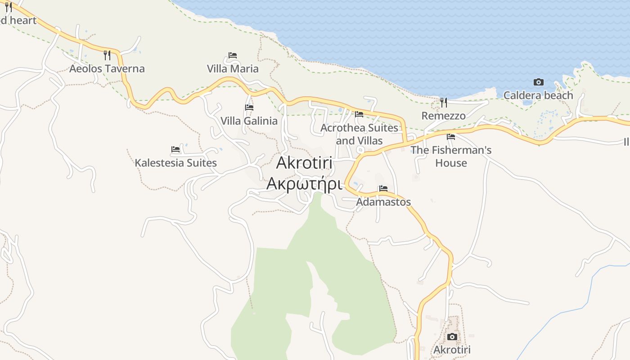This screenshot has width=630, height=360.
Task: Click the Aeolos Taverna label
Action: (x=107, y=69)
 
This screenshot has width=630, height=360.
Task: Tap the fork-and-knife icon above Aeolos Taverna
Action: (x=107, y=55)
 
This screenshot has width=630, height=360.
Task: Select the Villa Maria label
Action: (x=233, y=69)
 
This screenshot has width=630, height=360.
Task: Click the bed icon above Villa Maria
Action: (x=233, y=55)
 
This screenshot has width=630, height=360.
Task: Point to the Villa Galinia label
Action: (x=249, y=121)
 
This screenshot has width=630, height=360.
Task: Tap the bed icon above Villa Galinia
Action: (x=249, y=108)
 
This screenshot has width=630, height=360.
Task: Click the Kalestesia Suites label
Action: (x=175, y=163)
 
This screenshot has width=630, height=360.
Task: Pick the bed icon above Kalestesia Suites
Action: (x=175, y=149)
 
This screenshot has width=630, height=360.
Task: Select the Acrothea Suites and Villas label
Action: (x=359, y=134)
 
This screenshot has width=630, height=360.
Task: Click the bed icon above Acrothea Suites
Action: (x=359, y=114)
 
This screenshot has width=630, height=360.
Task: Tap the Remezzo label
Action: (x=443, y=116)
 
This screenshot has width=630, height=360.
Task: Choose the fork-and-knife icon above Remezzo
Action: (x=444, y=103)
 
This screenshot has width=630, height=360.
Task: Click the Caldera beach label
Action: (x=538, y=95)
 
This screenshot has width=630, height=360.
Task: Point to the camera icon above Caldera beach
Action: (x=538, y=82)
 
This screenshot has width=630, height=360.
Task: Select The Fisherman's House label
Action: (x=451, y=156)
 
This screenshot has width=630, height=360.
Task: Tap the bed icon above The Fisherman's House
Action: (x=451, y=137)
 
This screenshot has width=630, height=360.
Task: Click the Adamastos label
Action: (x=383, y=202)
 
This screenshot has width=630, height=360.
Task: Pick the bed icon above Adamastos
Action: (x=383, y=189)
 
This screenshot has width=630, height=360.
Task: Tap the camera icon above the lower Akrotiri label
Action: (x=452, y=337)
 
